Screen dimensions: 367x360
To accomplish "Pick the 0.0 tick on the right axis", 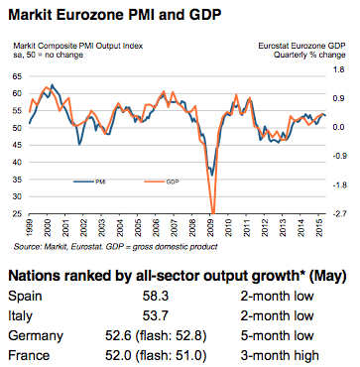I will coord(338,128).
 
